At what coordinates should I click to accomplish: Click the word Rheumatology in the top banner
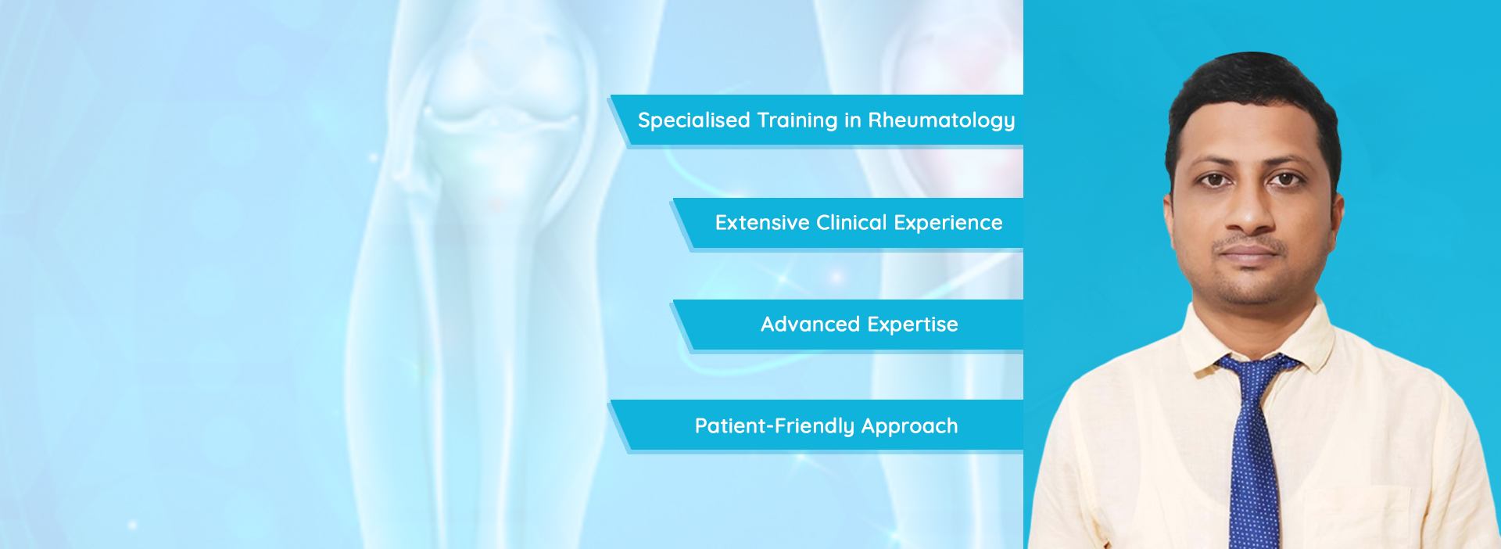click(941, 120)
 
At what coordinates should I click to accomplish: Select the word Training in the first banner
click(797, 120)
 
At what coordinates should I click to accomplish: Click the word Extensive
click(762, 223)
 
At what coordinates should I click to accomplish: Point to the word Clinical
click(851, 223)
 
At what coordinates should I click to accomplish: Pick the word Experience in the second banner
click(948, 224)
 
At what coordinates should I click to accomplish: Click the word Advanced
click(810, 325)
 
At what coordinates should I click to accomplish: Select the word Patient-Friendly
click(775, 426)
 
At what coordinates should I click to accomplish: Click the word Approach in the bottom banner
click(909, 427)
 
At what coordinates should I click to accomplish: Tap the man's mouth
click(1249, 252)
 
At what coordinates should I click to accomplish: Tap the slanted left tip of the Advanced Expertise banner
click(672, 301)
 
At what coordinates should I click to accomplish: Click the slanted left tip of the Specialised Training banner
click(611, 97)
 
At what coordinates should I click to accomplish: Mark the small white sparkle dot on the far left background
click(132, 525)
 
